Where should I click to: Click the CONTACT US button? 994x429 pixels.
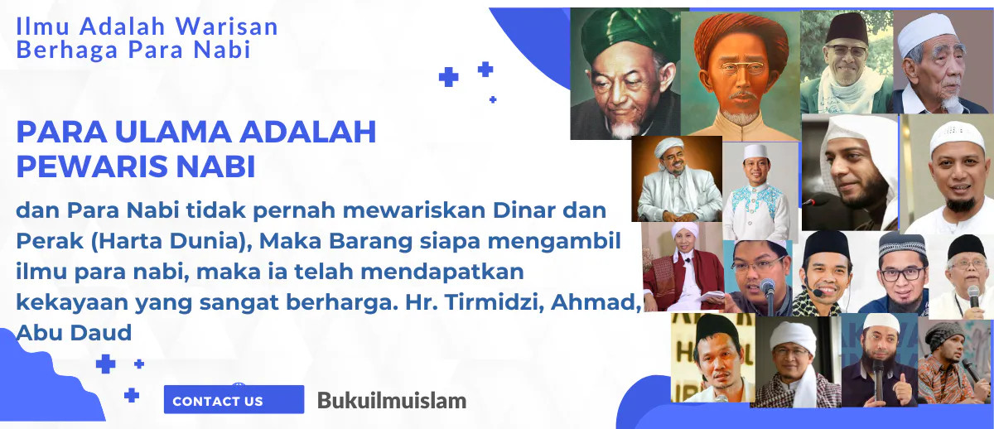click(x=234, y=399)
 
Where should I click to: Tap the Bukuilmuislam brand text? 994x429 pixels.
click(x=392, y=401)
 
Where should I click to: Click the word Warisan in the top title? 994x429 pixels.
click(x=227, y=27)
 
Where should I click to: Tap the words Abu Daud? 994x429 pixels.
click(x=74, y=333)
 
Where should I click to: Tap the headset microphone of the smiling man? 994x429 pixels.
click(x=818, y=292)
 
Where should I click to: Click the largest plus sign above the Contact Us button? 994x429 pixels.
click(x=106, y=364)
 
